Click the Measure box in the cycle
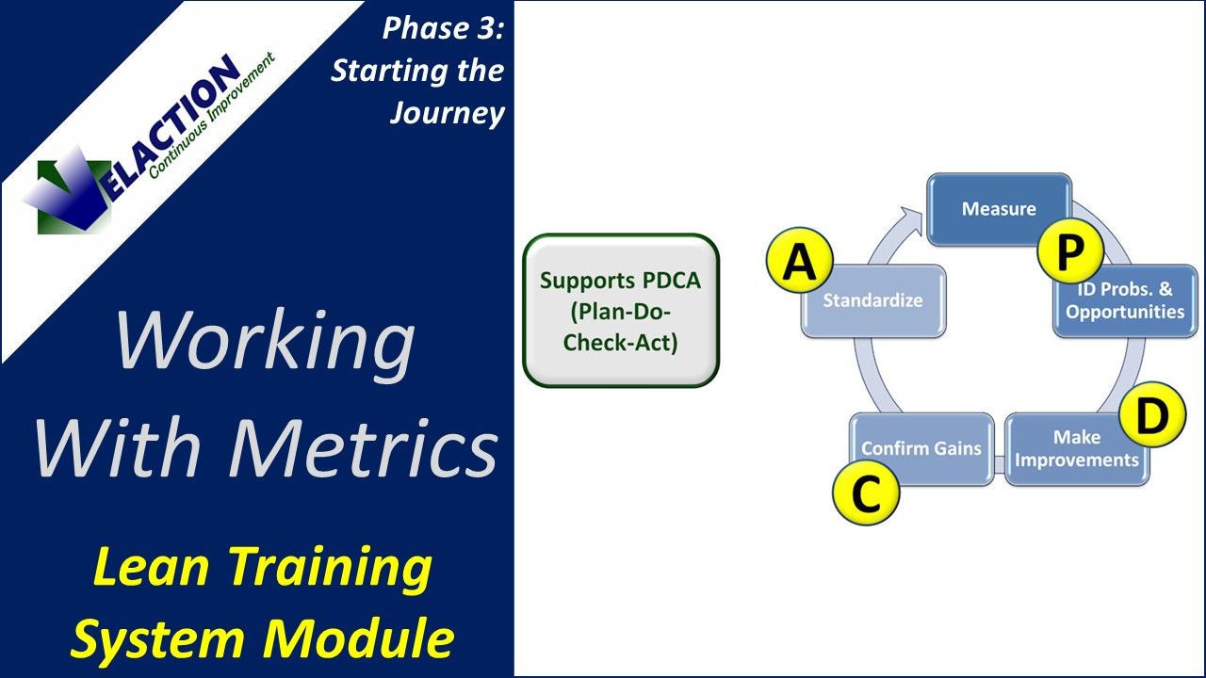(999, 209)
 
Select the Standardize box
(872, 301)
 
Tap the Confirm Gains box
(921, 448)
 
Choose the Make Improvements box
(1076, 449)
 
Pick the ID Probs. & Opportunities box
(1125, 301)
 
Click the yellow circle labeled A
(799, 263)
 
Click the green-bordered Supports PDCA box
(621, 311)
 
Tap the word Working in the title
(264, 341)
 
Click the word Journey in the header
(448, 113)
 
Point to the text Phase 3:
(443, 28)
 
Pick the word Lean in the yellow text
(151, 568)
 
